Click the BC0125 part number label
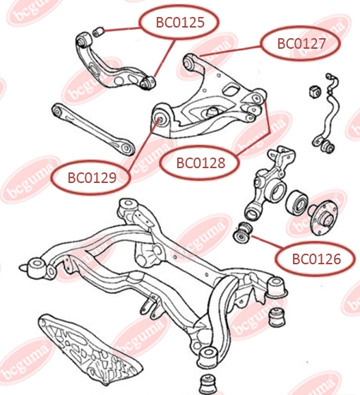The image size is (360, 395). tap(180, 22)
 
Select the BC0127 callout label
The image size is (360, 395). tap(301, 43)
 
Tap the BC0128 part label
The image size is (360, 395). tap(200, 163)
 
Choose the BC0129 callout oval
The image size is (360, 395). tap(92, 177)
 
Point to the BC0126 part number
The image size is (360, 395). tap(316, 259)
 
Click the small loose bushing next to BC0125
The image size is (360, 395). tap(98, 32)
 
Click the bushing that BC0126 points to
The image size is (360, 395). tap(243, 232)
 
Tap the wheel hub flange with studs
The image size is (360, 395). tap(323, 217)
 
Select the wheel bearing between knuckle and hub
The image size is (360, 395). tap(297, 202)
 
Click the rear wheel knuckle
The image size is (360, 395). tap(268, 184)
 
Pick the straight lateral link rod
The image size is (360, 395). tap(93, 129)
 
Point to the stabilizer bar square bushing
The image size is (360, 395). tap(315, 91)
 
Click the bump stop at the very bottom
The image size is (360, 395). tap(208, 384)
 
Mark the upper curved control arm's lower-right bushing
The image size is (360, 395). tap(148, 83)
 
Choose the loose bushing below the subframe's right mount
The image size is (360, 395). tap(277, 317)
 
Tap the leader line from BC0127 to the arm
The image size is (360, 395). tap(231, 51)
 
